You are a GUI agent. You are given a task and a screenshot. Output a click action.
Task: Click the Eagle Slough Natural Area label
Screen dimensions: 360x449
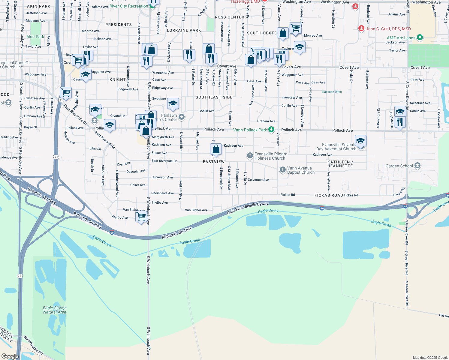(55, 310)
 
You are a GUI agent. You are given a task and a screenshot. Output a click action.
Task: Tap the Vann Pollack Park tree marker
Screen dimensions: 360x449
(271, 130)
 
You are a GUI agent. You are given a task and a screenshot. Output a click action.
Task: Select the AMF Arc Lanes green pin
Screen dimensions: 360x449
(420, 37)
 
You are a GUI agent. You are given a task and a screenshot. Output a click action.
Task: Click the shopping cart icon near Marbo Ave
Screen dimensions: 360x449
(141, 216)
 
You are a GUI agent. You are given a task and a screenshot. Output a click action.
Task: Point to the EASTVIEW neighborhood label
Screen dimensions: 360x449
(214, 162)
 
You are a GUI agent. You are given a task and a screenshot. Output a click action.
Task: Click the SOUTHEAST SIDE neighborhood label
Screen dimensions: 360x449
(214, 97)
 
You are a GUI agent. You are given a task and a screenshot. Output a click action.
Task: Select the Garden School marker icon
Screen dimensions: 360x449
(417, 166)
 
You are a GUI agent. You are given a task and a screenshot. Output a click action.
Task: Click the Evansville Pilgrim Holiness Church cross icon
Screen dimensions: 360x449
(250, 155)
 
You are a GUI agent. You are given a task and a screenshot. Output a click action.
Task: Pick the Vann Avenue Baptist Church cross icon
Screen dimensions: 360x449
(282, 170)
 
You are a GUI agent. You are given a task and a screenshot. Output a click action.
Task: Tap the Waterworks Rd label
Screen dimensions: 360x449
(33, 345)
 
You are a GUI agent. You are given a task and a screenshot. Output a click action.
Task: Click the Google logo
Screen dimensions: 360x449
(10, 356)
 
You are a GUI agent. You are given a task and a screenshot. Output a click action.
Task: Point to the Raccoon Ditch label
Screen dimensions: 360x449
(332, 92)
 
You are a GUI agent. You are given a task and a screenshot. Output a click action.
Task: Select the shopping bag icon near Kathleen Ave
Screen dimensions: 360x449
(216, 149)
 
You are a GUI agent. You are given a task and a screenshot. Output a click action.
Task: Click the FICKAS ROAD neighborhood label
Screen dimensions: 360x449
(329, 195)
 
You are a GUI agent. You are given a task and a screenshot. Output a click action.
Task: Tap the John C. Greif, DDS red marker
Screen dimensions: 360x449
(361, 28)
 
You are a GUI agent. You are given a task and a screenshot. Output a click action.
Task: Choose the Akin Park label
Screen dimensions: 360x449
(35, 37)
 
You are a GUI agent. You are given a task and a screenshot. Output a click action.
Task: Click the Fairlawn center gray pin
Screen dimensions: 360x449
(181, 117)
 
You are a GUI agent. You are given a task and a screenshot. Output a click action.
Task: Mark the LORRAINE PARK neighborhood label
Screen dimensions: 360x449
(184, 30)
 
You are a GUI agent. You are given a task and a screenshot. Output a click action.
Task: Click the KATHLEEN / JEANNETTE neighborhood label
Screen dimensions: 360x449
(340, 164)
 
